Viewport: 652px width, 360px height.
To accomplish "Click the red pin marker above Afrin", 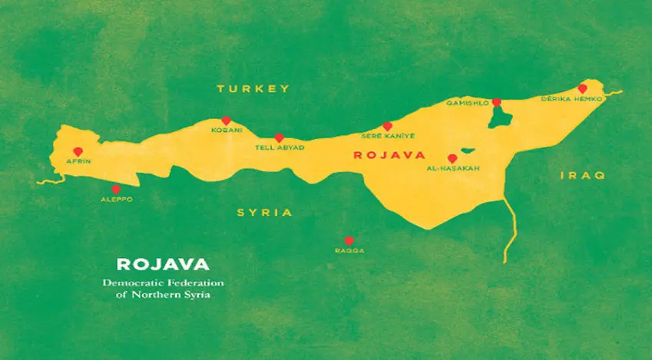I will click(x=77, y=151).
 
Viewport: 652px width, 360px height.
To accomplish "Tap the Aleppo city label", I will click(x=117, y=199).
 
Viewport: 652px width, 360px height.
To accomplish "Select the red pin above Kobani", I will click(x=226, y=121).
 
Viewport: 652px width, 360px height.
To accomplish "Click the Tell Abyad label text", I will click(x=279, y=147).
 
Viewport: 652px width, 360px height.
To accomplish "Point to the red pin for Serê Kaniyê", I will click(x=388, y=126).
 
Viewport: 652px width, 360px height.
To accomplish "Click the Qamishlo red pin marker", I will click(x=497, y=102).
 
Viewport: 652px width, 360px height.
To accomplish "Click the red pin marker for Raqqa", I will click(x=349, y=240).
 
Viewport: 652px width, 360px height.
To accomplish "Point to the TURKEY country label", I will click(x=253, y=89).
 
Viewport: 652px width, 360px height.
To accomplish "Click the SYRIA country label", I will click(x=264, y=213).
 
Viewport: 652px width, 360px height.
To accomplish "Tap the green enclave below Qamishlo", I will click(x=501, y=117).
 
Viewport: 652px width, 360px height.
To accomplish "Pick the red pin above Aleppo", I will click(x=116, y=189).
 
